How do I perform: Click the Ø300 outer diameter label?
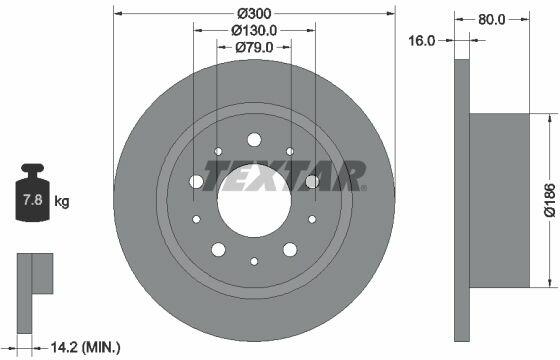tap(254, 14)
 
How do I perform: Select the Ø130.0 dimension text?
tap(254, 30)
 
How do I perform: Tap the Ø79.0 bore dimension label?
tap(254, 47)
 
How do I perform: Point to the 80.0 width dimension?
tap(492, 19)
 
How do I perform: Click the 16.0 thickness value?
tap(421, 41)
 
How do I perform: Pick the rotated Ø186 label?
tap(550, 200)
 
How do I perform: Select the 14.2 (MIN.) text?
tap(86, 346)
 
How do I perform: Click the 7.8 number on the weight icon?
tap(32, 199)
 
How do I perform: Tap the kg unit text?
tap(62, 201)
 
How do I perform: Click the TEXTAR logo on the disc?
tap(285, 176)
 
